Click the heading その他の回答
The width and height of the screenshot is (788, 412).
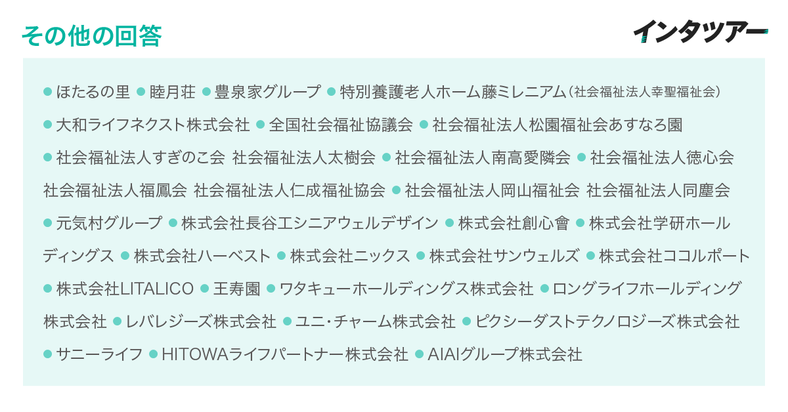(91, 36)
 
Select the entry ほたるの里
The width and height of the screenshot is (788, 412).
(93, 92)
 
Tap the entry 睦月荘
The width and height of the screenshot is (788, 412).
(172, 92)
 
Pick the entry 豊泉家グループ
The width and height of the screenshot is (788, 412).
(268, 92)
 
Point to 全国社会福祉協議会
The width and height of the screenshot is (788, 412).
(341, 125)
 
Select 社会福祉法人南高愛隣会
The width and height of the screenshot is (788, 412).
(483, 157)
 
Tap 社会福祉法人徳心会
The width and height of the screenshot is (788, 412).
(662, 157)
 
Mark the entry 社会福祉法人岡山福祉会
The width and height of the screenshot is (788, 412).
(492, 190)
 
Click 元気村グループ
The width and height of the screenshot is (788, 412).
(109, 223)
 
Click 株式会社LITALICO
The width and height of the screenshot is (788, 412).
(125, 289)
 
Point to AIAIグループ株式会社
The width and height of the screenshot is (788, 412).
(505, 354)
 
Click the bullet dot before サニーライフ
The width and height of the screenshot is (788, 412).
(47, 354)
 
